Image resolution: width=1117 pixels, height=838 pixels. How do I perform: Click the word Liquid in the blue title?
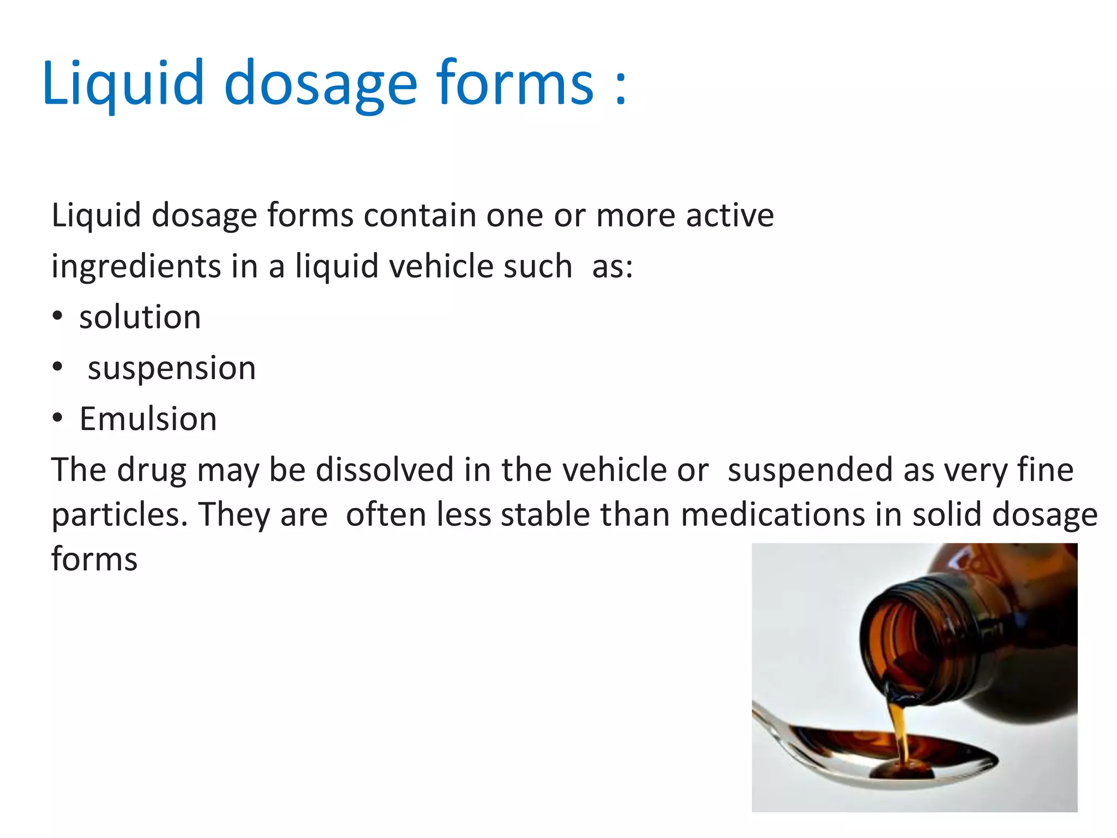123,83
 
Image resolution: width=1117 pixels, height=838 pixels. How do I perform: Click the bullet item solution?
140,318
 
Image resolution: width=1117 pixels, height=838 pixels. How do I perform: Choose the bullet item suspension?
172,368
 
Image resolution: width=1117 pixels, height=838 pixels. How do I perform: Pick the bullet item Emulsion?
148,419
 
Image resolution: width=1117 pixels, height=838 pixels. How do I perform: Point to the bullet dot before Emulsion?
58,419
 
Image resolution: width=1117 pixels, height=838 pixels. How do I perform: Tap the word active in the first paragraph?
730,215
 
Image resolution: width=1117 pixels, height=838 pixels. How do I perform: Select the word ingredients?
136,267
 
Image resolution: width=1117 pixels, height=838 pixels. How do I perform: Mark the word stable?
545,514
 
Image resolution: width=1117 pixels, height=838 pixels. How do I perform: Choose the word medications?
773,514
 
